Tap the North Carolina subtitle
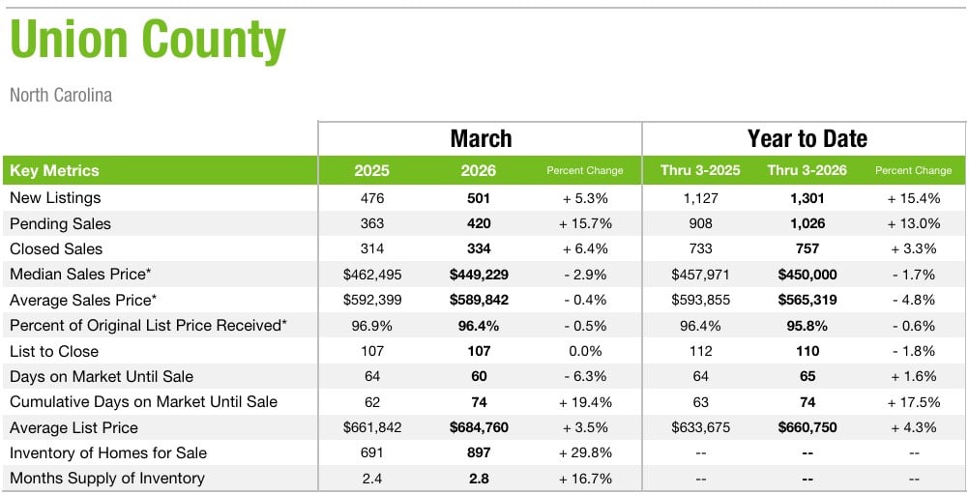pyautogui.click(x=61, y=96)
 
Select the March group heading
pyautogui.click(x=481, y=138)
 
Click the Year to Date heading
pyautogui.click(x=807, y=138)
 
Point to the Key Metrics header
pyautogui.click(x=54, y=171)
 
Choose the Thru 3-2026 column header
pyautogui.click(x=807, y=171)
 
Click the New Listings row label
pyautogui.click(x=55, y=198)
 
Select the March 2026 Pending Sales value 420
pyautogui.click(x=479, y=223)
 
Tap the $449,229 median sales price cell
pyautogui.click(x=479, y=275)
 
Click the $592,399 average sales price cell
pyautogui.click(x=371, y=300)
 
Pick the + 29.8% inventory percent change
pyautogui.click(x=585, y=453)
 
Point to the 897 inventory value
pyautogui.click(x=479, y=453)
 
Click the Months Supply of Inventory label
pyautogui.click(x=107, y=479)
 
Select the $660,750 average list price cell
pyautogui.click(x=807, y=427)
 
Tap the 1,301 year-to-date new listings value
pyautogui.click(x=807, y=198)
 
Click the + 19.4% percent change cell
pyautogui.click(x=585, y=402)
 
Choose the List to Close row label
pyautogui.click(x=54, y=351)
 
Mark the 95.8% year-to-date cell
pyautogui.click(x=807, y=326)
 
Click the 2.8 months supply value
pyautogui.click(x=479, y=479)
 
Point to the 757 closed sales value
pyautogui.click(x=807, y=249)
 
